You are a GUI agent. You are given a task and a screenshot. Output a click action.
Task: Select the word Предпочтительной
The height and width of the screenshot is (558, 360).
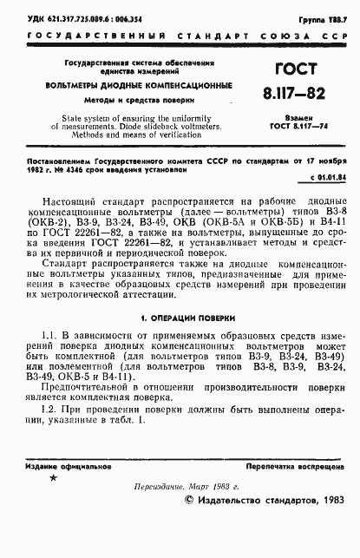(88, 393)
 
